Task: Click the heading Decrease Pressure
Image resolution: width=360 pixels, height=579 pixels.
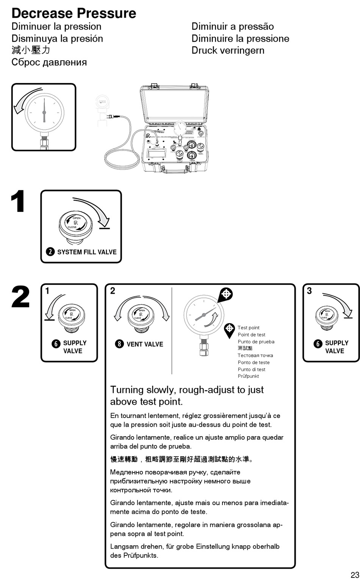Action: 74,13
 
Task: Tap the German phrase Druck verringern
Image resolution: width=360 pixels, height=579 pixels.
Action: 228,50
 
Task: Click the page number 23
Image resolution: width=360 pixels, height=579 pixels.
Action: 354,574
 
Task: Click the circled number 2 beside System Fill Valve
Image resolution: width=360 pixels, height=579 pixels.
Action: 50,252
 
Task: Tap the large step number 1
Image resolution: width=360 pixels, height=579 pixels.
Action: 18,202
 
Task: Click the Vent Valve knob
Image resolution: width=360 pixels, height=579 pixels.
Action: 141,316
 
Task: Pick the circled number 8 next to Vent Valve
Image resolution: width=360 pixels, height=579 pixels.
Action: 119,344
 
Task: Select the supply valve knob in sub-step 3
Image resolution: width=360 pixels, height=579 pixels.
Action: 327,316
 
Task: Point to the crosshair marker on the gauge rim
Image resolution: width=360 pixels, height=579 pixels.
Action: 226,294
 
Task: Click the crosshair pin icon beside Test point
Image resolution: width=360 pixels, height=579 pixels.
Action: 229,330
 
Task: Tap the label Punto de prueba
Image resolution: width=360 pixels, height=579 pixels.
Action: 256,341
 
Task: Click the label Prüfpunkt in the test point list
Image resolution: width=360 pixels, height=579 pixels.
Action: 248,376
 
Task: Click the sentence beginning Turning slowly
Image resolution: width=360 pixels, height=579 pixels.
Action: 187,395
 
